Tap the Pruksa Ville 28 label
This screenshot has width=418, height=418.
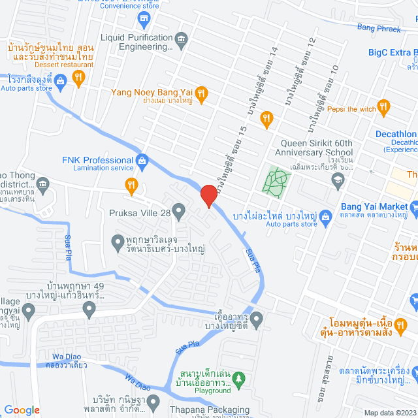pyautogui.click(x=147, y=211)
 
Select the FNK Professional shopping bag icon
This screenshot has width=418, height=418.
pyautogui.click(x=142, y=160)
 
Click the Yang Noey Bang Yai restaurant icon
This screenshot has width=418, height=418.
pyautogui.click(x=202, y=93)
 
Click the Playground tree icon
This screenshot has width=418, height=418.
pyautogui.click(x=239, y=378)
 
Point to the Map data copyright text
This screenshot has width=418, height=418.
pyautogui.click(x=389, y=413)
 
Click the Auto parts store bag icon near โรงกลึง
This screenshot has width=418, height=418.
pyautogui.click(x=60, y=81)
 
